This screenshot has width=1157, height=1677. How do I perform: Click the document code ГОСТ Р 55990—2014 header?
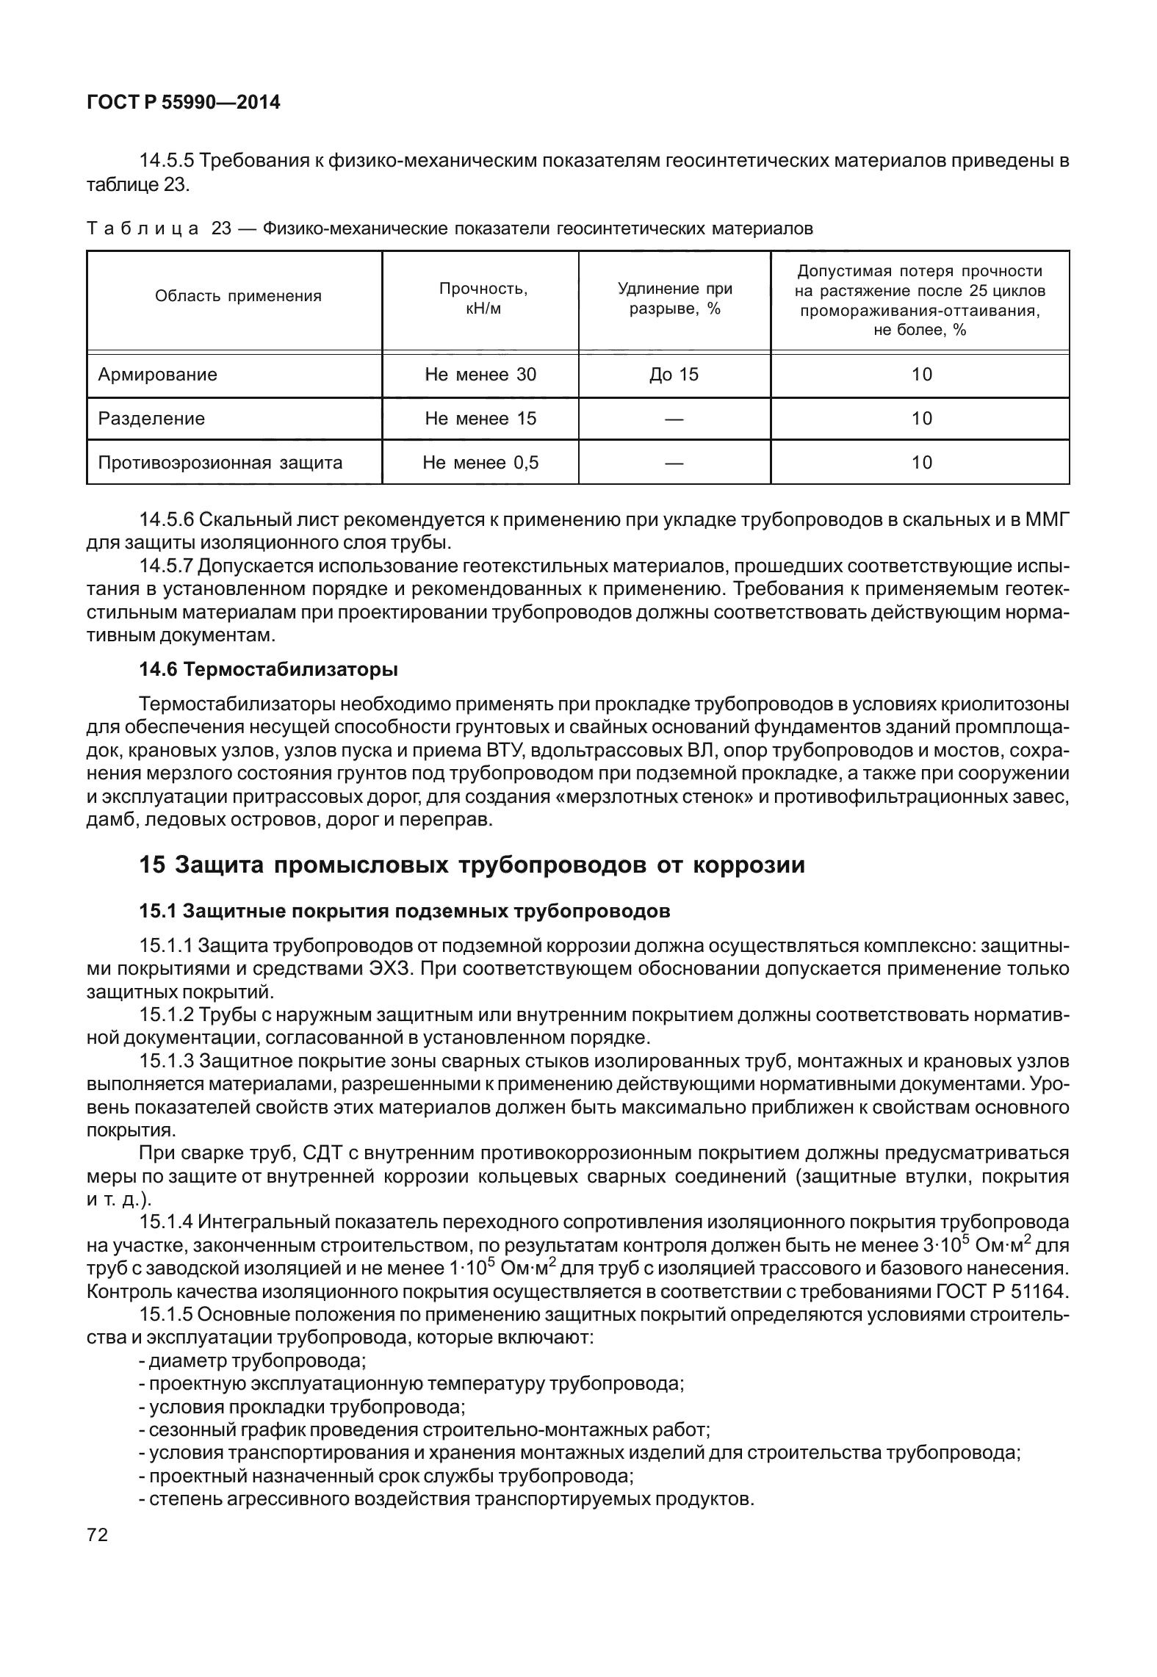click(184, 103)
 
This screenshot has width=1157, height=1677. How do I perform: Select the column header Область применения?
click(238, 297)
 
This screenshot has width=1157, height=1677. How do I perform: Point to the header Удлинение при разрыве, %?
click(674, 298)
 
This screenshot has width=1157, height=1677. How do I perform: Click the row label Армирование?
click(158, 375)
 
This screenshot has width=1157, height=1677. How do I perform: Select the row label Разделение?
click(151, 419)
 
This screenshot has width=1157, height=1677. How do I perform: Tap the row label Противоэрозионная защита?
click(220, 463)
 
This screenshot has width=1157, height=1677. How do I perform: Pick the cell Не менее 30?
click(480, 375)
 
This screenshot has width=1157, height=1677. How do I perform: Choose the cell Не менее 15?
click(480, 419)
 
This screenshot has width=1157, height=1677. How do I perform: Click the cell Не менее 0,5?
click(480, 463)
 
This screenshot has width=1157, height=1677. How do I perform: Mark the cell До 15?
click(674, 375)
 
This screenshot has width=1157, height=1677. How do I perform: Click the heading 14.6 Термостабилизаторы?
click(269, 670)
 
